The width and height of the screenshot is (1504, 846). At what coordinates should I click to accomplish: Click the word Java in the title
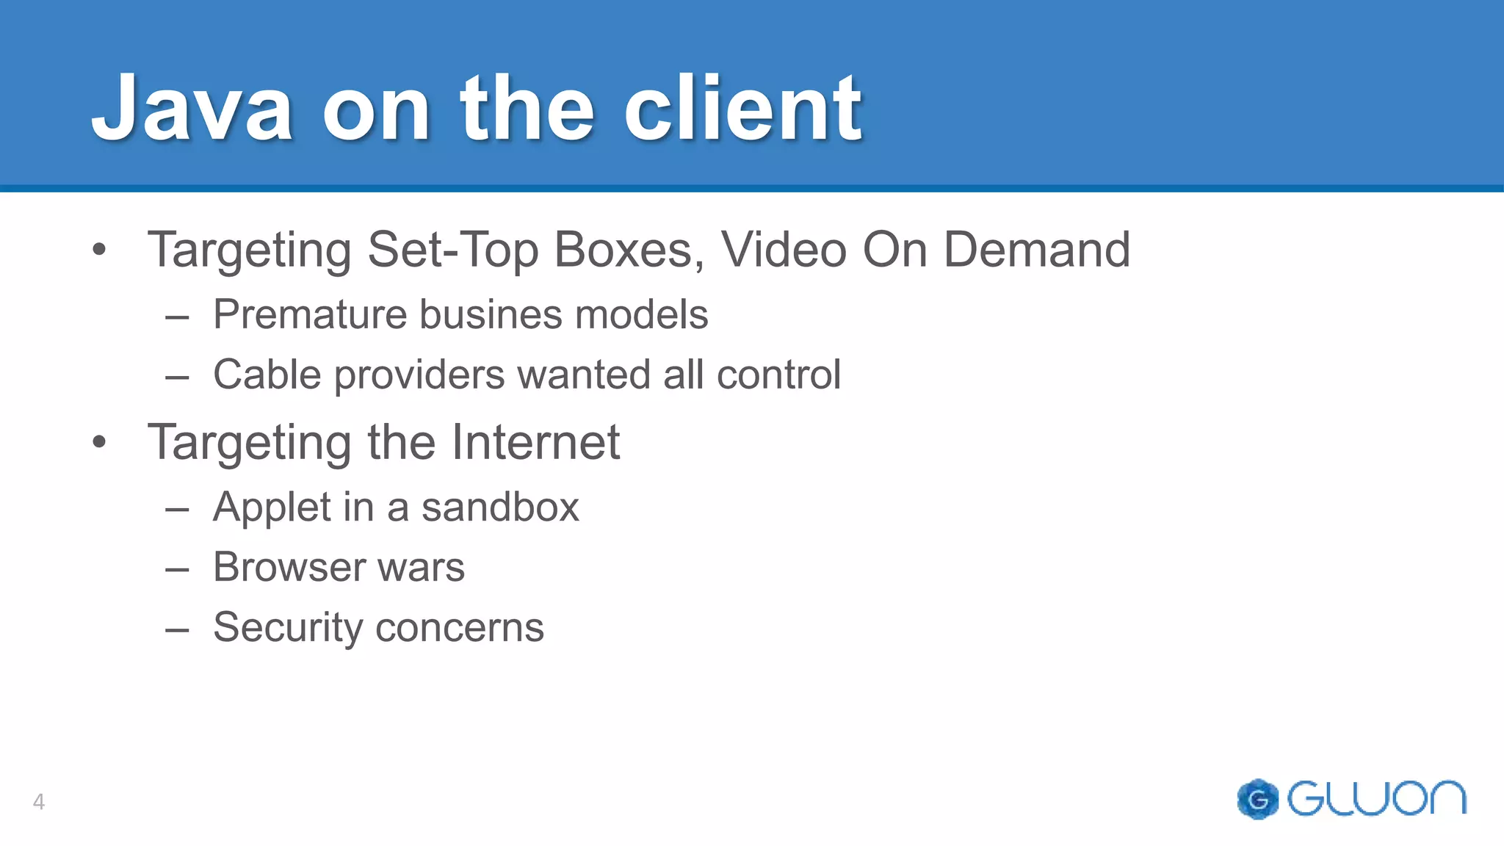[192, 109]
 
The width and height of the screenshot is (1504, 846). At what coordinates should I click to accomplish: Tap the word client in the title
[742, 109]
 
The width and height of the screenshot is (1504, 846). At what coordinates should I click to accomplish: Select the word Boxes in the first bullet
[623, 250]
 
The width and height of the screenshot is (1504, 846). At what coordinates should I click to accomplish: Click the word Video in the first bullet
[784, 250]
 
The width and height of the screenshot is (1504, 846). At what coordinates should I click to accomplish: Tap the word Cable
[267, 375]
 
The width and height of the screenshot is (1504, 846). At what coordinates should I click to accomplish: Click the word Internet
[535, 442]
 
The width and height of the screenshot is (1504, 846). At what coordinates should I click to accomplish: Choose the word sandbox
[500, 507]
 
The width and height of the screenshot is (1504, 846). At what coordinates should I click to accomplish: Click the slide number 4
[39, 801]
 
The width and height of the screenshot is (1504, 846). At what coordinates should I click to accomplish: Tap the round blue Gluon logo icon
[1258, 799]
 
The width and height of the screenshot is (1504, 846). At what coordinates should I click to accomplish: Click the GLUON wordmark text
[1377, 798]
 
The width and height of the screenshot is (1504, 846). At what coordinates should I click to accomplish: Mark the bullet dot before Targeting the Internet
[100, 443]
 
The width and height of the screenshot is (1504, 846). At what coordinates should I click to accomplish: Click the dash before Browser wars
[178, 569]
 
